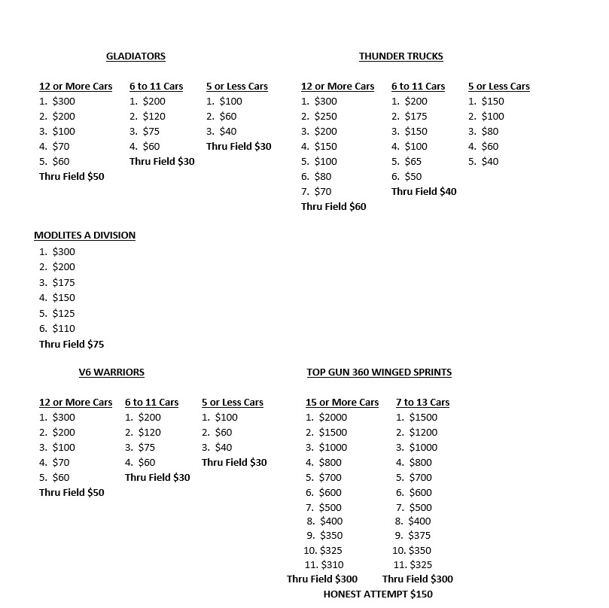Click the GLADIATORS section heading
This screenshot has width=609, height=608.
pyautogui.click(x=136, y=56)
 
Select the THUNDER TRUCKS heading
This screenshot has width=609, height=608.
pyautogui.click(x=400, y=56)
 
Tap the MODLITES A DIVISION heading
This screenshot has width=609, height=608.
pyautogui.click(x=84, y=236)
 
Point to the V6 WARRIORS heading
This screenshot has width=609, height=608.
pyautogui.click(x=111, y=372)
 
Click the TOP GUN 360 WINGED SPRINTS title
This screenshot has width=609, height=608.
pyautogui.click(x=379, y=372)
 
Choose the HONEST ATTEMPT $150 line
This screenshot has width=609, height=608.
pyautogui.click(x=378, y=594)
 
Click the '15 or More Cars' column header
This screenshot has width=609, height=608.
pyautogui.click(x=342, y=403)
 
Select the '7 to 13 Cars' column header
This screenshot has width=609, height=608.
pyautogui.click(x=422, y=403)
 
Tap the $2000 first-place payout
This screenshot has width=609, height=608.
pyautogui.click(x=333, y=418)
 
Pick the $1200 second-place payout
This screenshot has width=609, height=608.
pyautogui.click(x=422, y=433)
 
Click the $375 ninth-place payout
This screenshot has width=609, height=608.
pyautogui.click(x=421, y=536)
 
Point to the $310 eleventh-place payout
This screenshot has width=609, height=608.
pyautogui.click(x=332, y=564)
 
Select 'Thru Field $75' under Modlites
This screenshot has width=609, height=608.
pyautogui.click(x=72, y=345)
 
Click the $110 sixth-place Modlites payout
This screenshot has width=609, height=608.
pyautogui.click(x=63, y=329)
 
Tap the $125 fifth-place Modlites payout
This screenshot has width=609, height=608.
pyautogui.click(x=63, y=314)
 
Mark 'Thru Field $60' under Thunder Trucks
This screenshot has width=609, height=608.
pyautogui.click(x=333, y=206)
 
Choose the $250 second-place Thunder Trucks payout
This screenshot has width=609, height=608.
pyautogui.click(x=325, y=117)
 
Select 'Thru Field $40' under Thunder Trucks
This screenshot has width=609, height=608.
pyautogui.click(x=424, y=192)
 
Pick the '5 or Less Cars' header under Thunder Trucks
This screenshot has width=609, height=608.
pyautogui.click(x=498, y=87)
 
